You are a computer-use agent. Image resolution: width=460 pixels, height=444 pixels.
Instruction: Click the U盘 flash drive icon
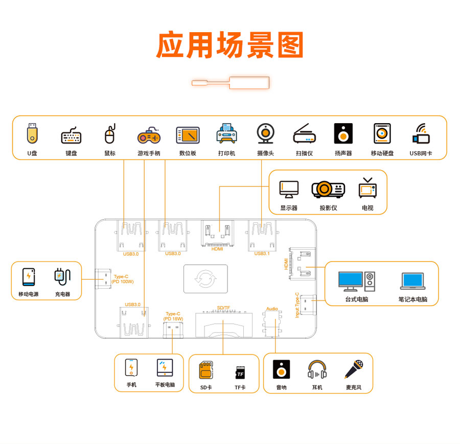point(32,134)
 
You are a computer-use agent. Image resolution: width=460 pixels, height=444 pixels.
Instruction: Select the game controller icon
point(149,136)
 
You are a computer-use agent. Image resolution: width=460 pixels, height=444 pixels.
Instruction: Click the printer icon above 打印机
point(226,135)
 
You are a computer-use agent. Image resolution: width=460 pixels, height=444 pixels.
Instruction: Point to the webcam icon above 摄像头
point(265,134)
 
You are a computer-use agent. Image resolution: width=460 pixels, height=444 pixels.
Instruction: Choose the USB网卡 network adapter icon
point(421,134)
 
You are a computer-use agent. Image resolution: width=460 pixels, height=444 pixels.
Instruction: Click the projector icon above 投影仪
point(328,190)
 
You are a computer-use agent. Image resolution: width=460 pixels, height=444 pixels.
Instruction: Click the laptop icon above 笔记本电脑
point(412,281)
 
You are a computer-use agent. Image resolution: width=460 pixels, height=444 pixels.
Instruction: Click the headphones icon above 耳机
point(317,370)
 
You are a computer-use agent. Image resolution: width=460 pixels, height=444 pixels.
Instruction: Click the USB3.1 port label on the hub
point(262,253)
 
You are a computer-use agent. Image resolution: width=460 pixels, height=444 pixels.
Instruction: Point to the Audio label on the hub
point(272,309)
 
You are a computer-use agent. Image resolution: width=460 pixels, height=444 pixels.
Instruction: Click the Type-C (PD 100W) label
point(122,279)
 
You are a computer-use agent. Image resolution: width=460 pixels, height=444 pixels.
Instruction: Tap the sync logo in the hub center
point(205,279)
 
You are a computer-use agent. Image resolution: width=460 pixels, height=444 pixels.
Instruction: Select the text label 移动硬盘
point(382,153)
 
